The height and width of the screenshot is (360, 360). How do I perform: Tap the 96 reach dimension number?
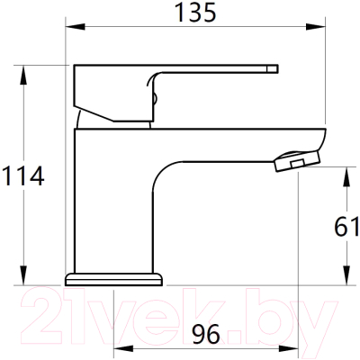(206, 334)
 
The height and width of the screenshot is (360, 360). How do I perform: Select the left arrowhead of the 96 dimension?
(115, 349)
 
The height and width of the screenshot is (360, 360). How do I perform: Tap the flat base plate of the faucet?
(112, 276)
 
